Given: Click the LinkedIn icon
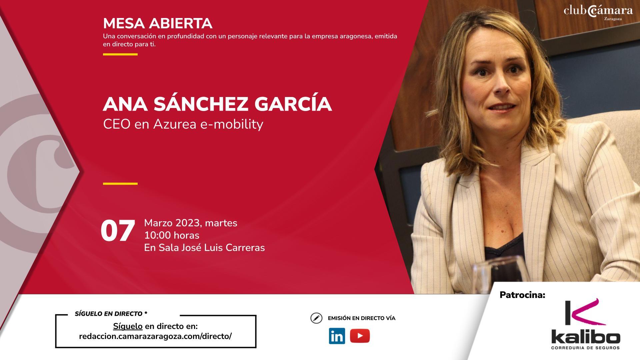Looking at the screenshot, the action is click(x=337, y=336).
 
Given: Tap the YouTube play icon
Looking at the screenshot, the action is click(x=360, y=336).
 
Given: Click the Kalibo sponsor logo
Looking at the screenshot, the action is click(x=585, y=324).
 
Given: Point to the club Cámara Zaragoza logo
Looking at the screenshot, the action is click(x=598, y=12).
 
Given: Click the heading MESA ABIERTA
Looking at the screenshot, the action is click(x=158, y=23).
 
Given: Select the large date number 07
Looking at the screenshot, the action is click(x=118, y=231).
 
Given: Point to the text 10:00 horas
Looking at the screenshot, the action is click(x=172, y=235).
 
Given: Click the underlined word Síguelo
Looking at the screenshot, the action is click(x=128, y=326).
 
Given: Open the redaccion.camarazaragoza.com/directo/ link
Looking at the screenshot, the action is click(x=155, y=336).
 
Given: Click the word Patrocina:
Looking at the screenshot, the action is click(x=522, y=295).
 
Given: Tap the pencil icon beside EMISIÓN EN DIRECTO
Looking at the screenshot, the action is click(x=316, y=318).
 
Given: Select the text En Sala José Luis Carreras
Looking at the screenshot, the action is click(x=204, y=248).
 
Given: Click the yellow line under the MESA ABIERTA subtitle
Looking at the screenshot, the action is click(x=120, y=54).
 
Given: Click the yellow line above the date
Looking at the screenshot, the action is click(x=120, y=183).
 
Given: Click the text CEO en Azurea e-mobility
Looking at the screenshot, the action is click(x=183, y=124).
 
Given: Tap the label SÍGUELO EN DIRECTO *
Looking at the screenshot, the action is click(x=111, y=314).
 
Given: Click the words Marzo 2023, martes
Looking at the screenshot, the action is click(x=191, y=223).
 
